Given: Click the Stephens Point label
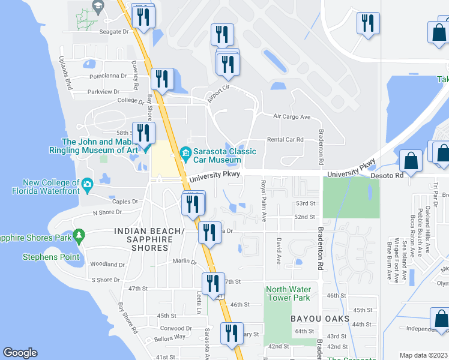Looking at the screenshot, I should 51,257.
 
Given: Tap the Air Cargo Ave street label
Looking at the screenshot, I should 291,116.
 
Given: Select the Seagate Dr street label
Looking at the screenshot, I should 114,32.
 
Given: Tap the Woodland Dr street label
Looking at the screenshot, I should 107,264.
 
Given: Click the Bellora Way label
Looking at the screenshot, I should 171,337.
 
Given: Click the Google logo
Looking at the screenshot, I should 20,353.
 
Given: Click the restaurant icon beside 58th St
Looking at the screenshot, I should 143,133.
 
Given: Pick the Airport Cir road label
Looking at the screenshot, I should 218,95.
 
